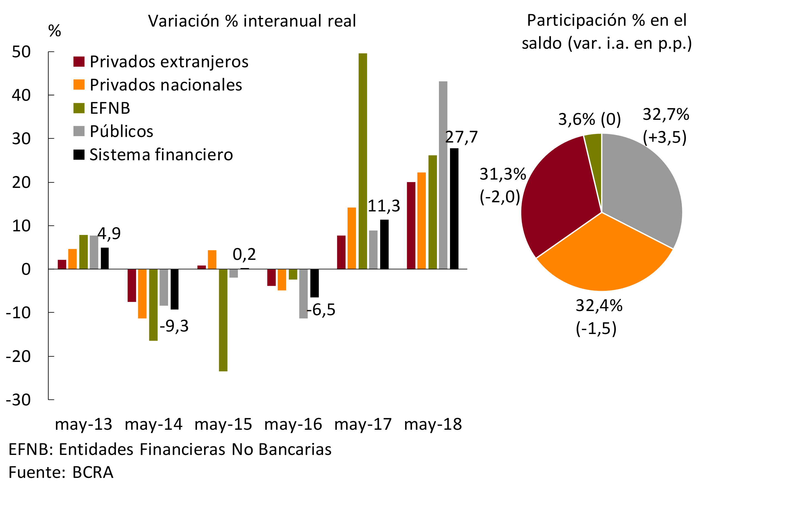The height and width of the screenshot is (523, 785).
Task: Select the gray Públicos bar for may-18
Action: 443,175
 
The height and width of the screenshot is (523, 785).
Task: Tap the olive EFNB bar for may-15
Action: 223,320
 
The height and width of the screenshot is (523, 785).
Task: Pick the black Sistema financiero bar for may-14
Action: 174,289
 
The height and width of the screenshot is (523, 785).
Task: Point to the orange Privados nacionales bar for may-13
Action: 73,259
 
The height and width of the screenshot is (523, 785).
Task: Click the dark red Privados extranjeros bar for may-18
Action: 411,226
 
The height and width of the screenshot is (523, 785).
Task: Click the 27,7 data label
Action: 461,137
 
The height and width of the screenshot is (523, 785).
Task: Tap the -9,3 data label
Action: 174,326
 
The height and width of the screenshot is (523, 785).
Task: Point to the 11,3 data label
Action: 384,206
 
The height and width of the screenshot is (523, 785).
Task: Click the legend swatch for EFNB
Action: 79,108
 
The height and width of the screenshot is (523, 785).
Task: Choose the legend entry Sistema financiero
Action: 161,155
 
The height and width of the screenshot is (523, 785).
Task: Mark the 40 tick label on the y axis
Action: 21,95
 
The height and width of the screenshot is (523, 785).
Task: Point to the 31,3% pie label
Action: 503,174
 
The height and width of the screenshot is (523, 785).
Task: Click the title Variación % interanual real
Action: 252,21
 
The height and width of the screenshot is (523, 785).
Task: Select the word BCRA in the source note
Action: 93,473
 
